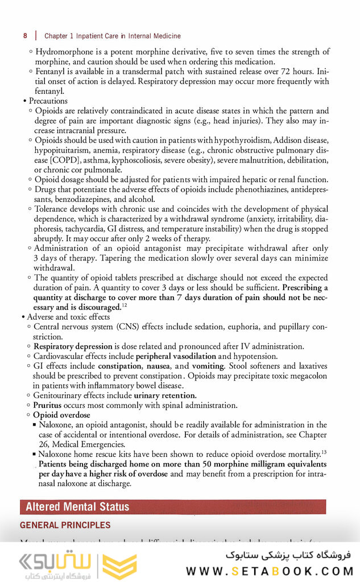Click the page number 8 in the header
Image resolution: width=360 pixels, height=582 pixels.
(x=25, y=36)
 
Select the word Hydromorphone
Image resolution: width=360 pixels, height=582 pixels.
(x=61, y=52)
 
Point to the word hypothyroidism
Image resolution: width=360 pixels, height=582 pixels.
(x=242, y=140)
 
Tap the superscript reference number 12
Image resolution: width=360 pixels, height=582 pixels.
(x=123, y=306)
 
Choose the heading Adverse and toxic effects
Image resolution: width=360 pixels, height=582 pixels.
(x=68, y=317)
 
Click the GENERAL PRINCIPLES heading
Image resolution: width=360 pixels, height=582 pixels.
(x=65, y=525)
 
